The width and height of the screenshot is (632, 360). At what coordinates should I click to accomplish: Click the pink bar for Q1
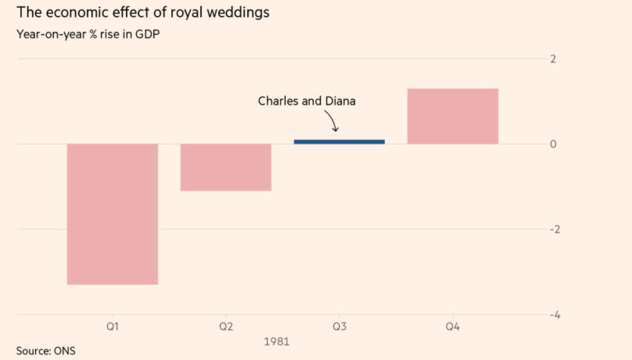[113, 214]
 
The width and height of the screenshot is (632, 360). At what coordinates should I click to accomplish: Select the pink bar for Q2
[226, 167]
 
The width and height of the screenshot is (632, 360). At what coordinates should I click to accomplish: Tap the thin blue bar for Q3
[339, 141]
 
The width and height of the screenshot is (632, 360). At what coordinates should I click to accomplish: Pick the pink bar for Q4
[452, 116]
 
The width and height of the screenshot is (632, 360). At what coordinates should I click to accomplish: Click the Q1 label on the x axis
[113, 327]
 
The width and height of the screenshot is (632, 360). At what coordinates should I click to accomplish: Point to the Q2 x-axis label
[226, 327]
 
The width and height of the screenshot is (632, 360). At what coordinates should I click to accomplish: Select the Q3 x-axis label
[339, 327]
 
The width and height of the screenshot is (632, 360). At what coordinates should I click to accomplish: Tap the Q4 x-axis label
[452, 327]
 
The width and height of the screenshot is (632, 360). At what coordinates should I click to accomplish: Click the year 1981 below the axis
[276, 342]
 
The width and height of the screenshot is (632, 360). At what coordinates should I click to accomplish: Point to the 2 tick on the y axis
[553, 59]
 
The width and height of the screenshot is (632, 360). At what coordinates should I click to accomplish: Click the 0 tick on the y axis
[553, 145]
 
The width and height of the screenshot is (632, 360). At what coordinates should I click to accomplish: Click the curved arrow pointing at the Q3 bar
[332, 120]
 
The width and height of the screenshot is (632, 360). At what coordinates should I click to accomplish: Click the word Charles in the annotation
[278, 101]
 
